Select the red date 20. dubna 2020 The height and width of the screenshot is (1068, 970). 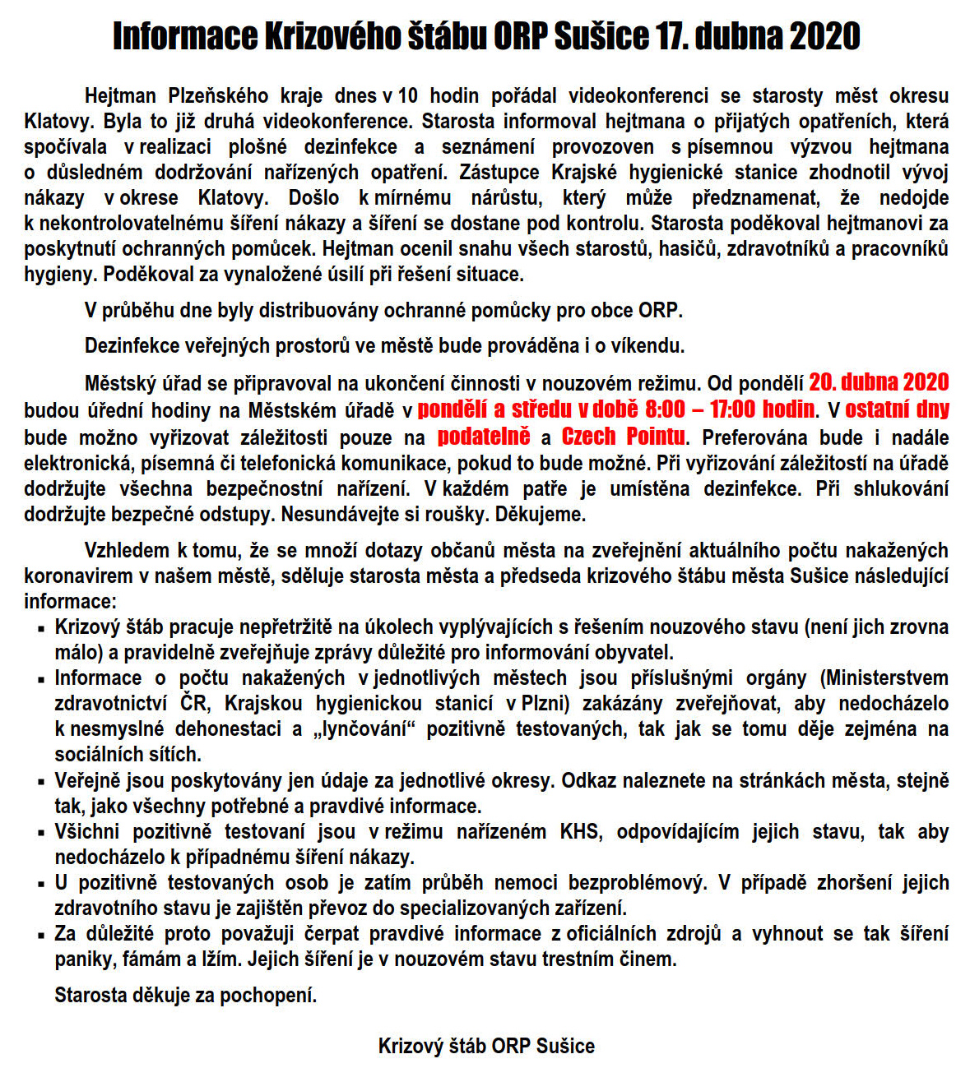pyautogui.click(x=879, y=382)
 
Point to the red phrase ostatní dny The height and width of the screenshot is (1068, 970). pyautogui.click(x=897, y=409)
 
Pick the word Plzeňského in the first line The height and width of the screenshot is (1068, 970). pyautogui.click(x=213, y=95)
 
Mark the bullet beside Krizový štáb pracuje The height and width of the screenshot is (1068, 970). pyautogui.click(x=40, y=629)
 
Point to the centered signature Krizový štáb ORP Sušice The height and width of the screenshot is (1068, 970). pyautogui.click(x=485, y=1046)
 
